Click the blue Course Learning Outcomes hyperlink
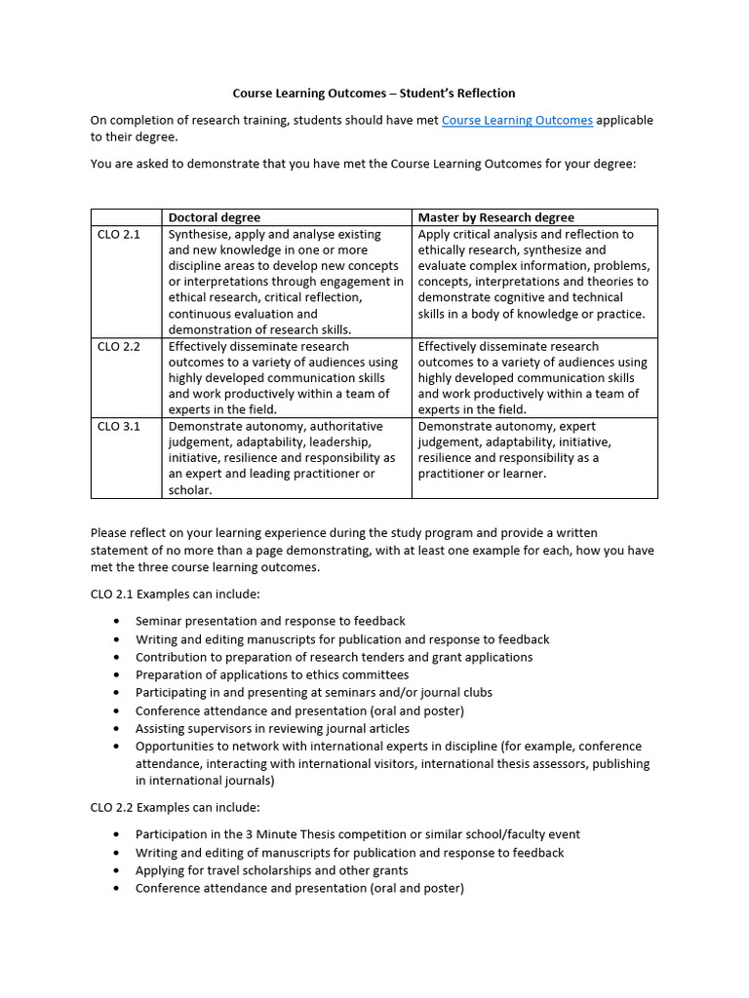point(517,120)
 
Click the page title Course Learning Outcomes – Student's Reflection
point(374,93)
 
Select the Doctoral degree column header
point(215,217)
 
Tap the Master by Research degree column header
point(495,217)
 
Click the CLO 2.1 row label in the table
point(119,235)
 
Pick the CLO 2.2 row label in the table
point(119,347)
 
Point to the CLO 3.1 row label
point(119,427)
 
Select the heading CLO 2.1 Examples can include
point(176,593)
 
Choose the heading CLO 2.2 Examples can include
point(176,807)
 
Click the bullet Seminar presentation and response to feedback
point(270,621)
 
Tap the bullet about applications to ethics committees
point(272,674)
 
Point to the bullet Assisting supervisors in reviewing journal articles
point(272,728)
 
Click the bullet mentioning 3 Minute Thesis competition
point(357,834)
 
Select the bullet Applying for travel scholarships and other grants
point(271,870)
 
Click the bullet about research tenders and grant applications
point(334,657)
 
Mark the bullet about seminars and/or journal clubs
point(314,692)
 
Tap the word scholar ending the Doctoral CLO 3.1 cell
point(190,490)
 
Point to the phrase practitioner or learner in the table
point(482,474)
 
